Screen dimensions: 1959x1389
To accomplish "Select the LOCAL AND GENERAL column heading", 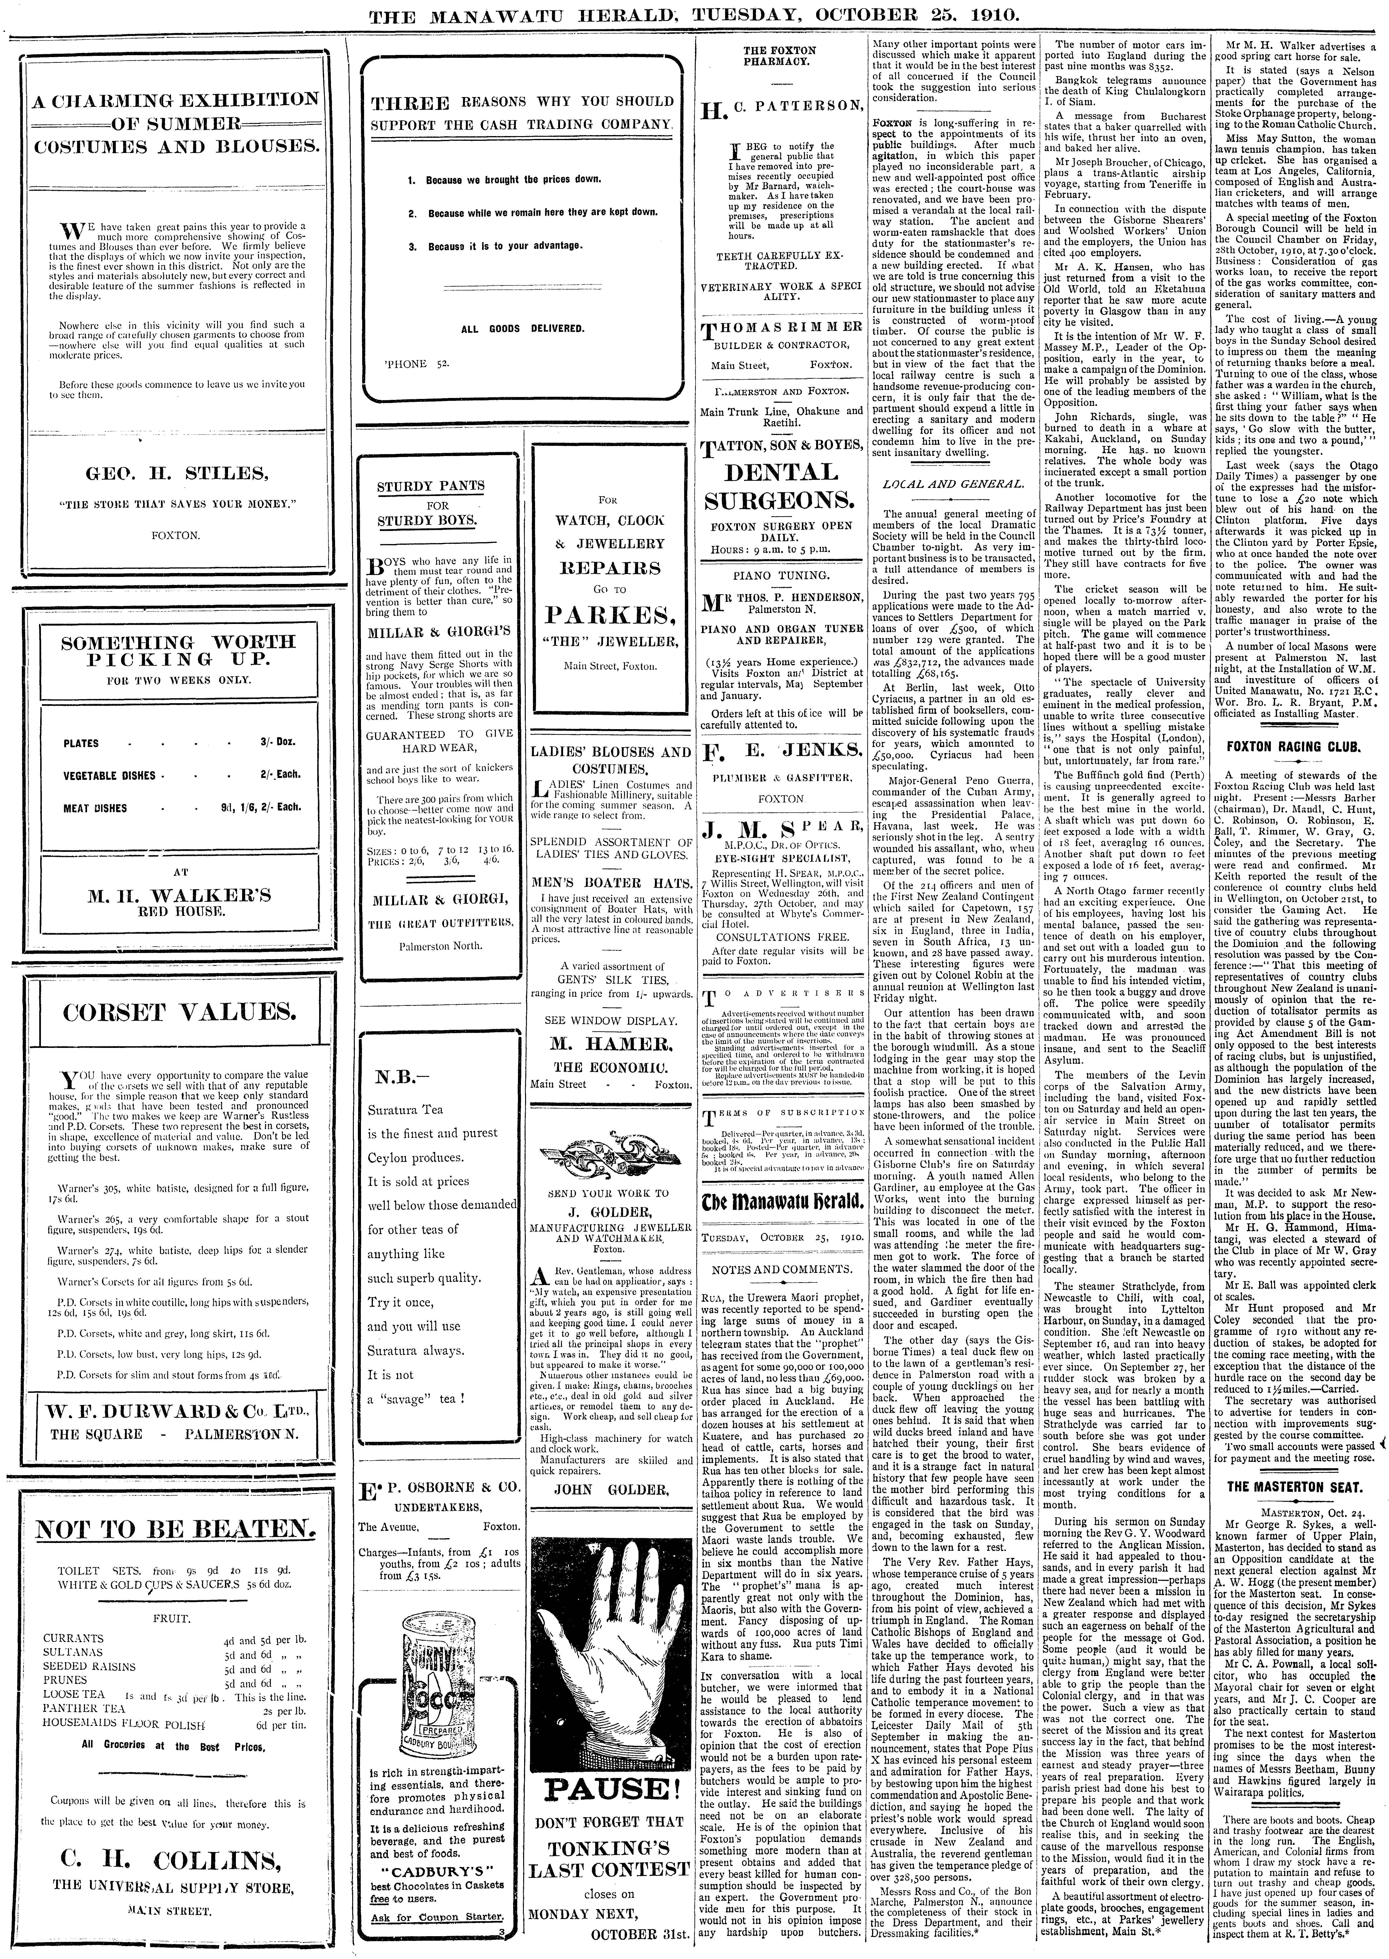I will coord(953,484).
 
